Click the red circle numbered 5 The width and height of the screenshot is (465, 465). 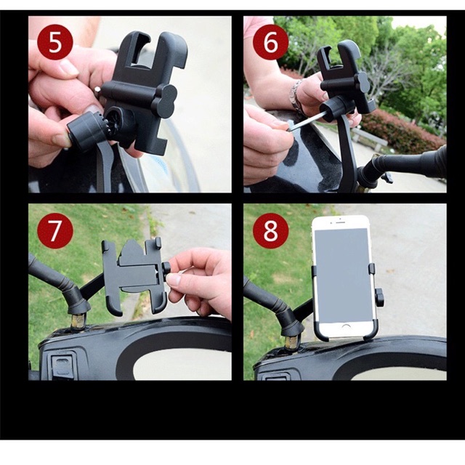click(55, 43)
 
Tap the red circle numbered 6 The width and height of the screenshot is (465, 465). click(270, 43)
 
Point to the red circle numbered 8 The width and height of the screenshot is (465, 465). click(270, 231)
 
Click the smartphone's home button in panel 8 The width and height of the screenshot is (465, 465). click(346, 326)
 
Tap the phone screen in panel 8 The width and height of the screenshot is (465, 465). click(344, 275)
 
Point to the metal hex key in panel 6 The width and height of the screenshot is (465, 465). click(306, 121)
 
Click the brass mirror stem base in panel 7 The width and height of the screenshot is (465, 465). click(78, 321)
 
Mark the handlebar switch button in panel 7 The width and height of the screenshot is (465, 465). click(62, 365)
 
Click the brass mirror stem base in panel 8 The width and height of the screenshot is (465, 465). click(292, 341)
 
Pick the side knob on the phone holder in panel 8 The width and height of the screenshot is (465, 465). click(379, 298)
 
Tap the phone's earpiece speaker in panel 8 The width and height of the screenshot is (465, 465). click(340, 222)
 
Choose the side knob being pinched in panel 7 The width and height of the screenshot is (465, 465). click(166, 272)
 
